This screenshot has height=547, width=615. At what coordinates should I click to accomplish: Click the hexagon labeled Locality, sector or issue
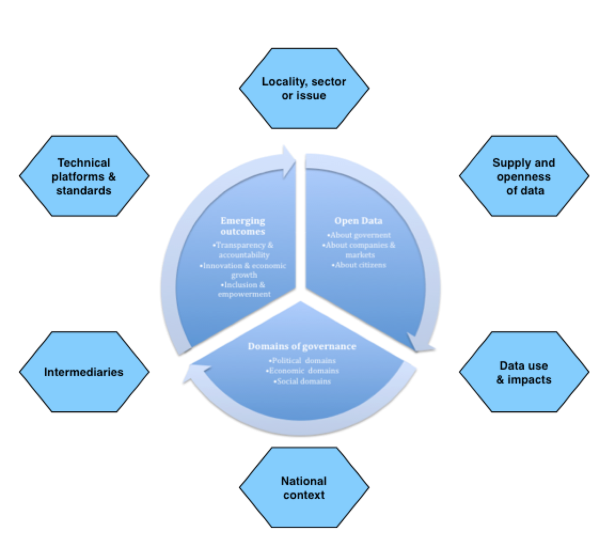click(x=304, y=89)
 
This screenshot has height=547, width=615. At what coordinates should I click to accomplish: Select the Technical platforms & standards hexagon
click(x=84, y=176)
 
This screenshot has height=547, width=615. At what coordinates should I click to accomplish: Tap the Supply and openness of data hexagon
click(x=524, y=176)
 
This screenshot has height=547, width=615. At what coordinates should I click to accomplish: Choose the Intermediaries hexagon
click(x=84, y=372)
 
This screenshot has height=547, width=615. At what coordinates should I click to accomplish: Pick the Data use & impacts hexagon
click(x=524, y=372)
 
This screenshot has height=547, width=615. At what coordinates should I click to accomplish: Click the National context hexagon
click(x=304, y=488)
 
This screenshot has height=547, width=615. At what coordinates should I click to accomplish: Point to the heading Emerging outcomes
click(x=243, y=226)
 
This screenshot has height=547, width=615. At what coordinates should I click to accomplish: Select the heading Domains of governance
click(x=302, y=346)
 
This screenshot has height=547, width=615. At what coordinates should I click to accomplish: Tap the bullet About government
click(x=359, y=235)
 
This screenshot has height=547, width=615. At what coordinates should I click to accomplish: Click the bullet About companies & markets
click(x=359, y=250)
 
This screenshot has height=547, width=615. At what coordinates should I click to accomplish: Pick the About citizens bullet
click(x=358, y=265)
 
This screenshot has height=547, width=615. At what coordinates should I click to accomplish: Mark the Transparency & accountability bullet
click(x=243, y=250)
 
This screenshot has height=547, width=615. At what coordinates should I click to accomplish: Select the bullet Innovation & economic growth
click(x=243, y=270)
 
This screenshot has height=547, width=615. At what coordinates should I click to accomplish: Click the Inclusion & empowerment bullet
click(x=243, y=290)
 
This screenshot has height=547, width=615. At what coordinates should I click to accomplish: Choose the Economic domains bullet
click(x=302, y=370)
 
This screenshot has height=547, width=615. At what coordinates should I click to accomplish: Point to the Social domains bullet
click(x=302, y=381)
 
